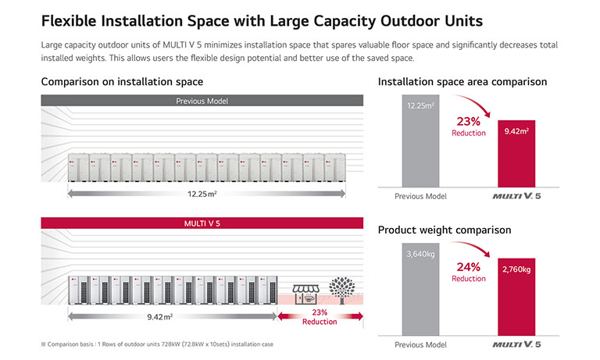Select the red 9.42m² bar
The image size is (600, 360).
[x=516, y=152]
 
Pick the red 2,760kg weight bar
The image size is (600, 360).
[x=516, y=297]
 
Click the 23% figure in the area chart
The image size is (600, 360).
[x=468, y=121]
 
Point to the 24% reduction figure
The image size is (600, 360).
[x=468, y=267]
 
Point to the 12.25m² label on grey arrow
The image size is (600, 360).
[x=202, y=193]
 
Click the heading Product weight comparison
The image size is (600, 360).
[x=445, y=230]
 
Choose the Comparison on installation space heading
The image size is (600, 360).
[x=122, y=81]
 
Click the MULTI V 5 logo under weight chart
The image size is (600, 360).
[x=516, y=344]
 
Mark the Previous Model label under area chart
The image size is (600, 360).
[x=420, y=197]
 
